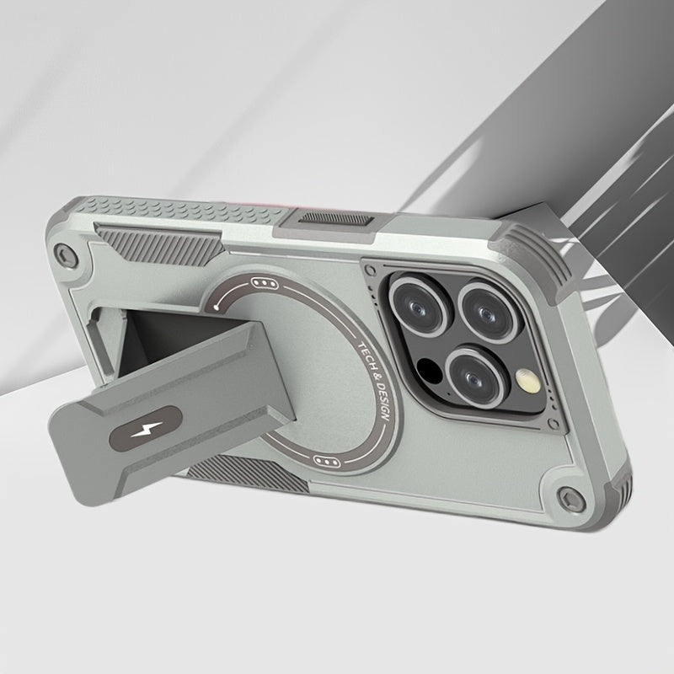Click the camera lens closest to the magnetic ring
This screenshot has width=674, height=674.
tap(417, 304)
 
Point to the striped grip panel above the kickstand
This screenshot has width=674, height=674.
tap(136, 241)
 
